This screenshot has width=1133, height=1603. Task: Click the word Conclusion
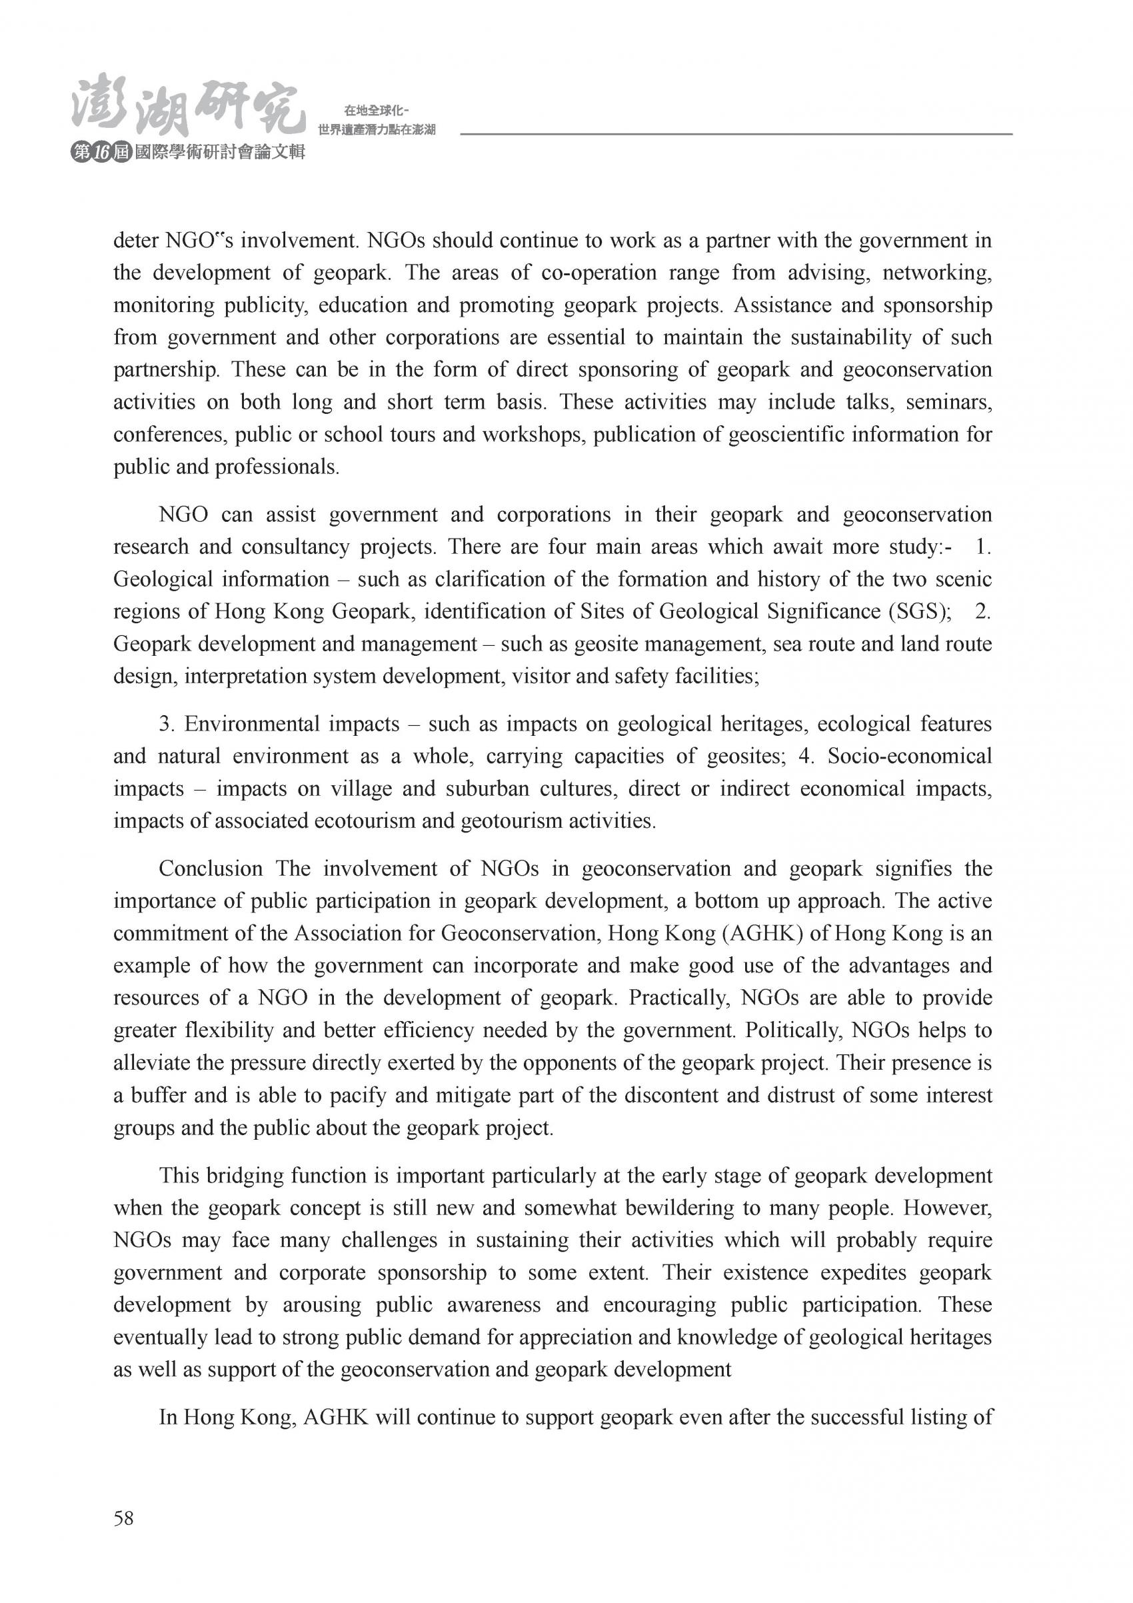(211, 868)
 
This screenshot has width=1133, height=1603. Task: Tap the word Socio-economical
(910, 756)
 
